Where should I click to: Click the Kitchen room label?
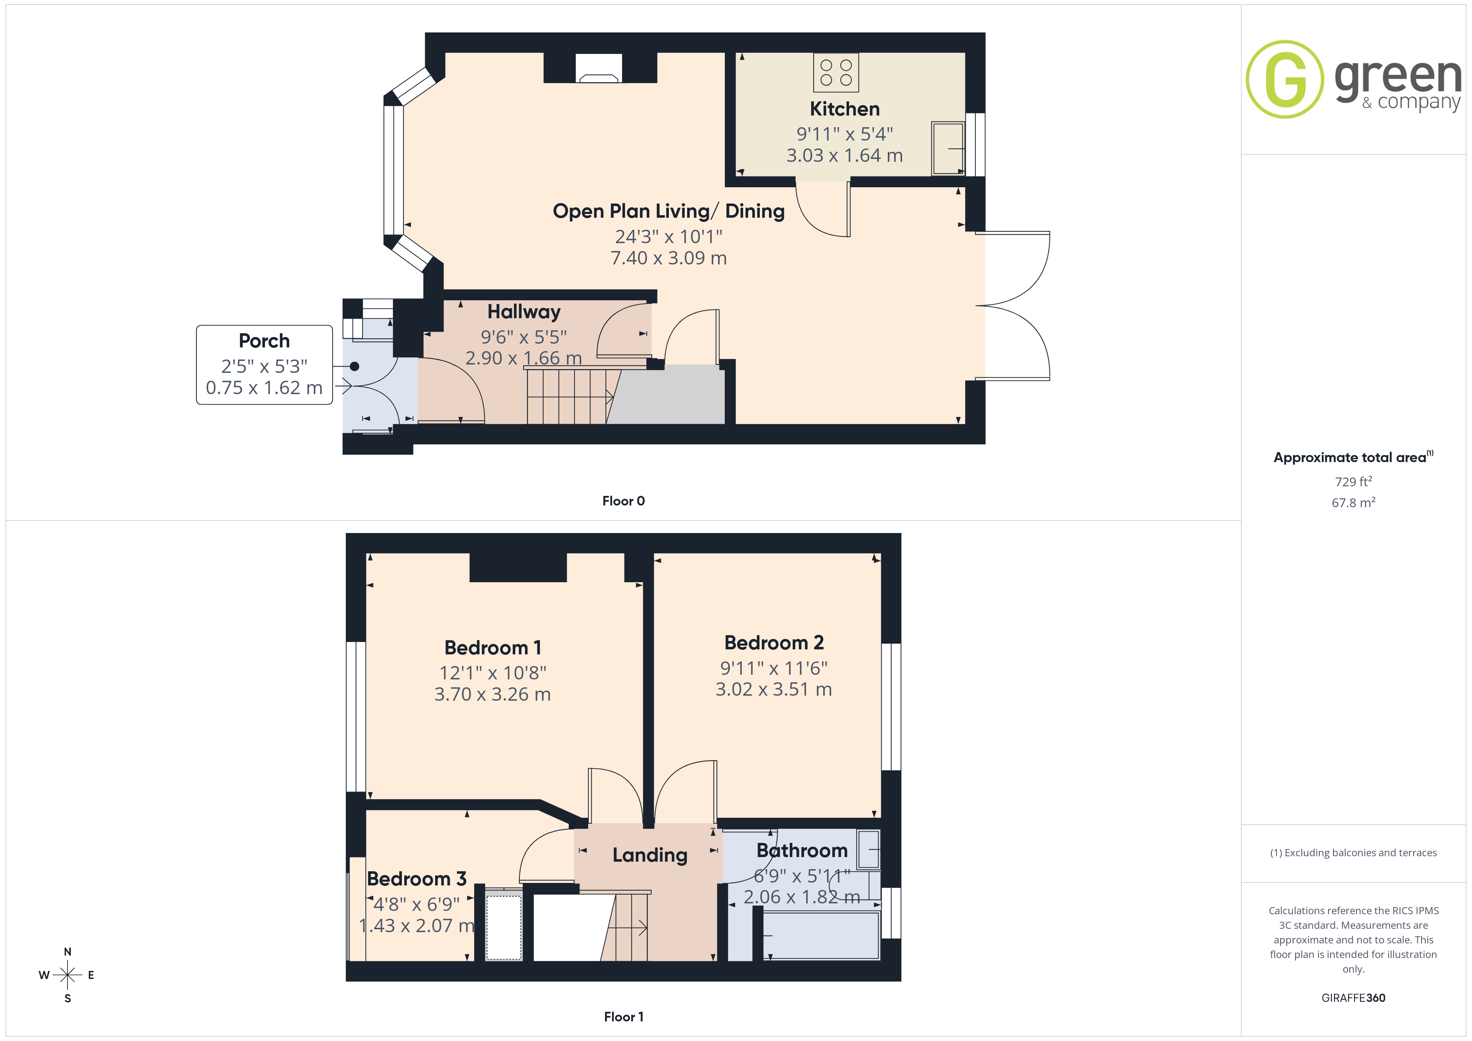pos(844,109)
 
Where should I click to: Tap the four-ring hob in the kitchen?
pos(836,73)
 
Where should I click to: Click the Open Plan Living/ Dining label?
pos(669,211)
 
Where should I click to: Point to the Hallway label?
pos(524,312)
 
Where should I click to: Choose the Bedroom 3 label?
pos(417,879)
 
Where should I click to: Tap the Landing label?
pos(650,855)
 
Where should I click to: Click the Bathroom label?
pos(802,851)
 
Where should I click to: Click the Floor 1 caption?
pos(624,1017)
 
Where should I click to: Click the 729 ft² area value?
pos(1354,481)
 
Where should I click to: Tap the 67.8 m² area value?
pos(1354,503)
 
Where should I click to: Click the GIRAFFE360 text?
pos(1354,998)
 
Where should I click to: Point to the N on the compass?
pos(67,952)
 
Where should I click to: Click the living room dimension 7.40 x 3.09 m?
pos(669,258)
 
